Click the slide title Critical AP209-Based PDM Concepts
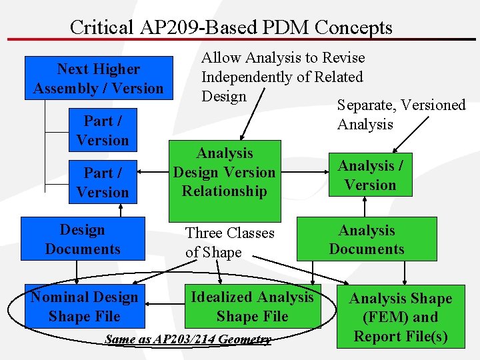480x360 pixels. pyautogui.click(x=231, y=27)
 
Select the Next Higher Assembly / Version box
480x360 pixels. pyautogui.click(x=98, y=79)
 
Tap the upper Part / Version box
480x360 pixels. pyautogui.click(x=102, y=130)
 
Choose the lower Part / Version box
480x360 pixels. pyautogui.click(x=102, y=182)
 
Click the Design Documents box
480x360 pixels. pyautogui.click(x=83, y=239)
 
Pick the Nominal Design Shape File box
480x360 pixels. pyautogui.click(x=84, y=306)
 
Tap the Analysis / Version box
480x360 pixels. pyautogui.click(x=371, y=175)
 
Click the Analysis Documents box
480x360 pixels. pyautogui.click(x=367, y=239)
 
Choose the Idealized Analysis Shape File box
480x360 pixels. pyautogui.click(x=252, y=306)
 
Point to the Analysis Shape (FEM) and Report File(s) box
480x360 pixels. pyautogui.click(x=401, y=317)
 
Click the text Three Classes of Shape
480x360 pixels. pyautogui.click(x=229, y=242)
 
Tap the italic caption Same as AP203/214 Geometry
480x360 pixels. pyautogui.click(x=188, y=339)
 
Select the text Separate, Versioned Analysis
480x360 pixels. pyautogui.click(x=401, y=115)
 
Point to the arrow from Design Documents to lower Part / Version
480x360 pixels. pyautogui.click(x=121, y=209)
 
